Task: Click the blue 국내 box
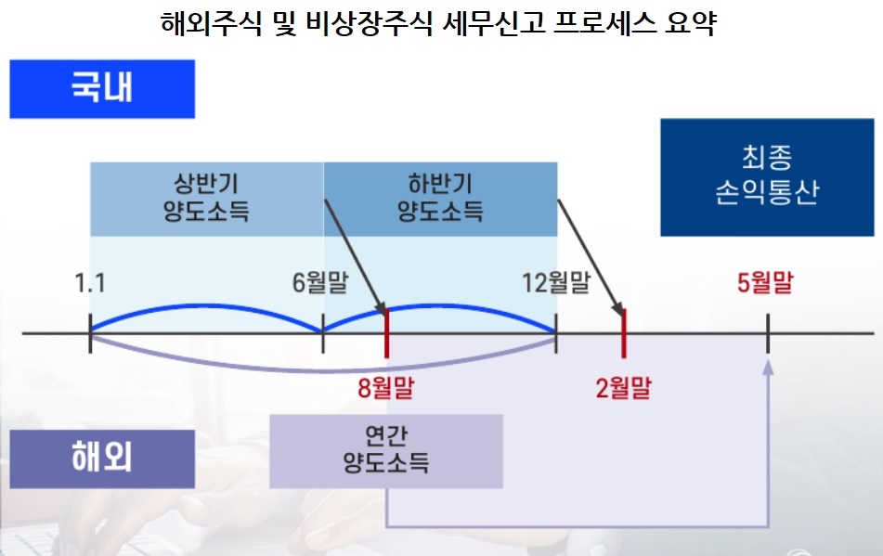102,89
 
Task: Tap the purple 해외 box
102,459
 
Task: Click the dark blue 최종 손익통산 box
766,176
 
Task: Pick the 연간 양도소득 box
385,451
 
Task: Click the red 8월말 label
385,385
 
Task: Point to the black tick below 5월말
768,332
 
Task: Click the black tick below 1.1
90,332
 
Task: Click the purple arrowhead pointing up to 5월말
768,367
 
